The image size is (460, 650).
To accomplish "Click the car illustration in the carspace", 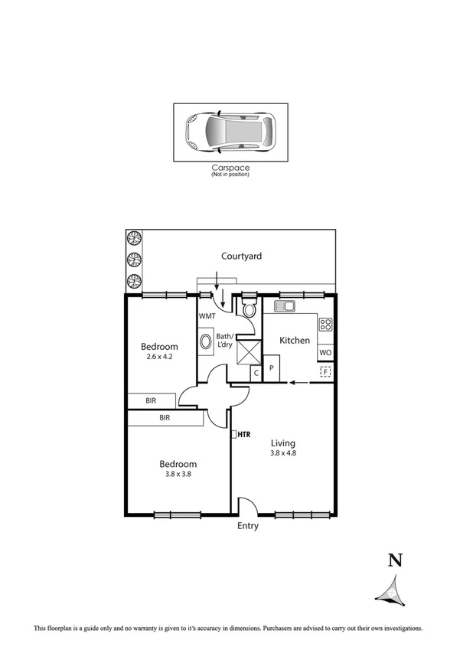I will click(230, 132).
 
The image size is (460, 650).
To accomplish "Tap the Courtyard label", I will click(242, 256).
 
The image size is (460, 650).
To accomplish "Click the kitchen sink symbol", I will click(285, 306).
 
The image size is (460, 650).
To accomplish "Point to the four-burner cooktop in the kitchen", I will click(325, 324).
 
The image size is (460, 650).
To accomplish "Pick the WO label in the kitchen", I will click(325, 353).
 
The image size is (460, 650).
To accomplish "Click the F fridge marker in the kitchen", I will click(325, 372).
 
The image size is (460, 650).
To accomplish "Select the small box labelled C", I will click(256, 373).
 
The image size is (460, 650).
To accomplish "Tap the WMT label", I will click(207, 316).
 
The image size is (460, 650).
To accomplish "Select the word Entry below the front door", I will click(248, 526).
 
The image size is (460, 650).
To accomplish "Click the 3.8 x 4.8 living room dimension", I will click(283, 453).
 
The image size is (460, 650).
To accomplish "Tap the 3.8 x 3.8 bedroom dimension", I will click(178, 475).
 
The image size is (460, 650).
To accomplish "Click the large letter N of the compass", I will click(395, 560).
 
